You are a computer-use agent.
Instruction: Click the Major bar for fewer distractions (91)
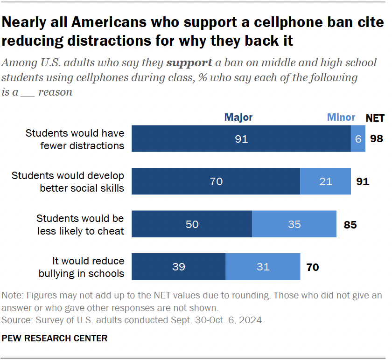pos(241,138)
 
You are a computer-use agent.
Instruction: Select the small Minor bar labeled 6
pos(358,138)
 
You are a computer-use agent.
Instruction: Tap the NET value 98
pos(377,138)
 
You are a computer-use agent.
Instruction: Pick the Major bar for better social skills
pos(216,181)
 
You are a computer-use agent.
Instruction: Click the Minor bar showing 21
pos(325,181)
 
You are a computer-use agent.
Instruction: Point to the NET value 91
pos(363,181)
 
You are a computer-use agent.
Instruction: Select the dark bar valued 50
pos(192,224)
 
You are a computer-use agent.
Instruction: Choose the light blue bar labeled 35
pos(294,224)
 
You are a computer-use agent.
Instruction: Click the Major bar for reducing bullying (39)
pos(179,267)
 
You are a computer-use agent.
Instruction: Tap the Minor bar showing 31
pos(263,267)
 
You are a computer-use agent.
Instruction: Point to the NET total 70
pos(313,267)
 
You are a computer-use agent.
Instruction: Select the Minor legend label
pos(341,118)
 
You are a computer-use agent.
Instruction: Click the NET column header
pos(375,118)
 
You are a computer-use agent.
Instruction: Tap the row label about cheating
pos(80,224)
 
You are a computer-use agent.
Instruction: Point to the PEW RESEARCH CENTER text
pos(55,338)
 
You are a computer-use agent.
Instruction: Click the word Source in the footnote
pos(14,321)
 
